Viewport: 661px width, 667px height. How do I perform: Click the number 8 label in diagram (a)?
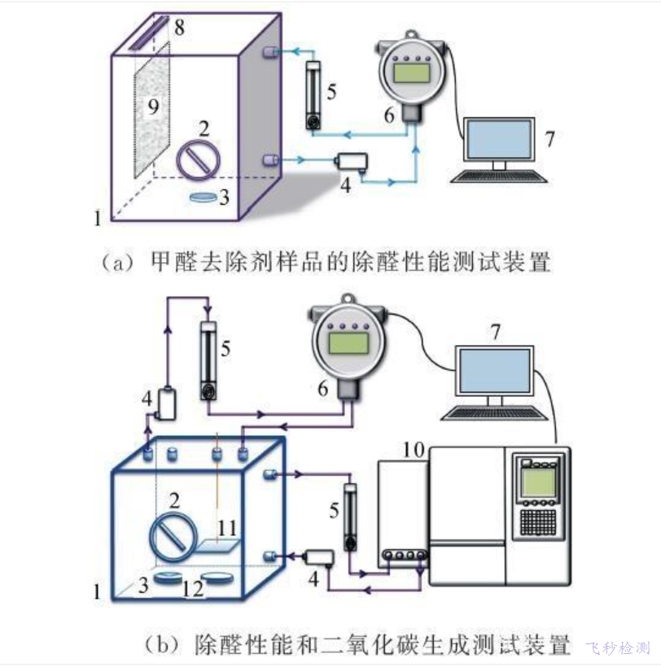(179, 27)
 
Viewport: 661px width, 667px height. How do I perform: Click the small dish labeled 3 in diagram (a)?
(205, 197)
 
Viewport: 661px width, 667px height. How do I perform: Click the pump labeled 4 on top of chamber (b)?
(169, 403)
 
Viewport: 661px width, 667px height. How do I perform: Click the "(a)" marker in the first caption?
(116, 262)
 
